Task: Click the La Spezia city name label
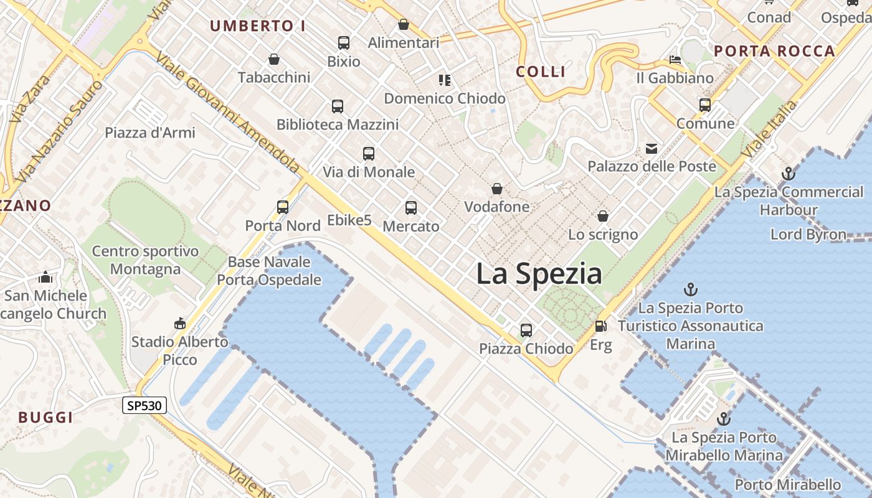coord(539,275)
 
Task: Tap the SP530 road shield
coord(145,406)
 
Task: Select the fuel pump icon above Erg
coord(600,326)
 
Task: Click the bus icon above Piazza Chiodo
coord(526,331)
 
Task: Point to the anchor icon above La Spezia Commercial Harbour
coord(789,174)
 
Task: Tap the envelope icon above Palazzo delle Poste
coord(652,149)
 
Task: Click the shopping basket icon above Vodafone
coord(497,189)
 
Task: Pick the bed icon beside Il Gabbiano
coord(675,60)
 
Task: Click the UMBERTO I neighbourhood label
coord(258,26)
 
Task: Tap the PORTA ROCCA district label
coord(774,51)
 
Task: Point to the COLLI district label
coord(541,72)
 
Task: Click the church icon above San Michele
coord(45,277)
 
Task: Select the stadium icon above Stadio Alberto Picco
coord(180,323)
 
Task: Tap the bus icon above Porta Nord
coord(283,207)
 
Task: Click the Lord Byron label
coord(808,235)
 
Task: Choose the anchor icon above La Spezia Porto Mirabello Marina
coord(723,419)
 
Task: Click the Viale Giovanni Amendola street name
coord(228,112)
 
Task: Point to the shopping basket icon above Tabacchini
coord(273,59)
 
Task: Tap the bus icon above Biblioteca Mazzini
coord(338,106)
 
